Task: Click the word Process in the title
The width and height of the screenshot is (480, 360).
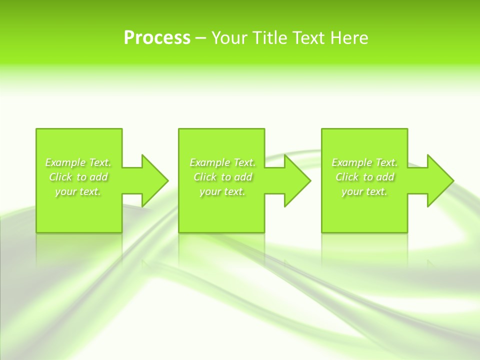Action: pyautogui.click(x=157, y=38)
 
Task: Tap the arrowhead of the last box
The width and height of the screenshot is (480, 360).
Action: pyautogui.click(x=439, y=180)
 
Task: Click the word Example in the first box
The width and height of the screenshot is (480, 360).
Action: pyautogui.click(x=65, y=162)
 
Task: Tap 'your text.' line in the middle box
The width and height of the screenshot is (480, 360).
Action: pyautogui.click(x=222, y=191)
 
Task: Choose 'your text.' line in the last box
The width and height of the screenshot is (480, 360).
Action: pyautogui.click(x=364, y=191)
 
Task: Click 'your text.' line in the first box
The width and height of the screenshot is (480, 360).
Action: pyautogui.click(x=78, y=191)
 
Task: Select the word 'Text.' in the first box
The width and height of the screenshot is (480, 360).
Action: pyautogui.click(x=100, y=162)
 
